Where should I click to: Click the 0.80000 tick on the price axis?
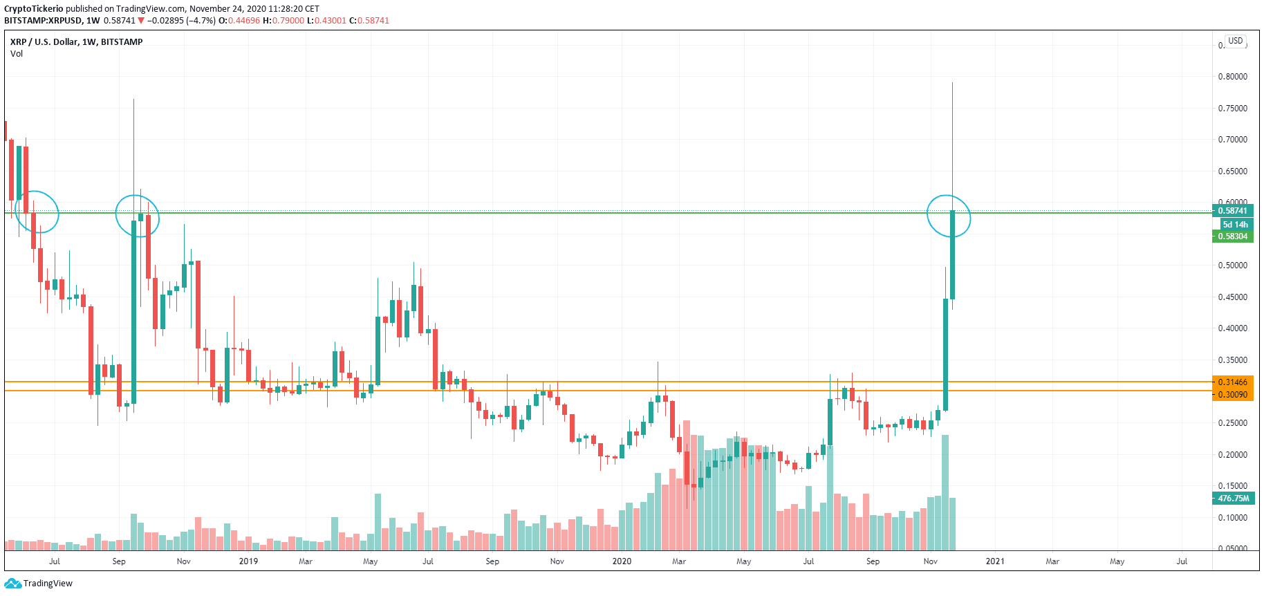(1232, 77)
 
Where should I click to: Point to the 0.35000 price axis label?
(1232, 360)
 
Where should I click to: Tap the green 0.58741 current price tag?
(1232, 211)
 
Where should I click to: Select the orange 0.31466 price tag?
(1232, 382)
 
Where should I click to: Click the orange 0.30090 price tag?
(1232, 395)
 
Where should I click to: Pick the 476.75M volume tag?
(1233, 499)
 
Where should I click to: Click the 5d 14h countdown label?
(1235, 224)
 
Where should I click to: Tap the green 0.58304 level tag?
(1232, 236)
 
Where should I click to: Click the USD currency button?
(1235, 41)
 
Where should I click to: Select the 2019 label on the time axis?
(248, 561)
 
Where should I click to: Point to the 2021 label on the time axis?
(994, 561)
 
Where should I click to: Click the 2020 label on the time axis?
(622, 561)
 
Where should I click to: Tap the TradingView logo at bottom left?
(39, 584)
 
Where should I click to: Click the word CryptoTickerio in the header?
(34, 9)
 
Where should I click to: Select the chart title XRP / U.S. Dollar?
(44, 42)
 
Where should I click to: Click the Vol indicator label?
(17, 54)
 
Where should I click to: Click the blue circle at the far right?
(949, 216)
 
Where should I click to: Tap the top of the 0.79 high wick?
(952, 83)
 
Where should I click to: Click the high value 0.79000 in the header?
(288, 21)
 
